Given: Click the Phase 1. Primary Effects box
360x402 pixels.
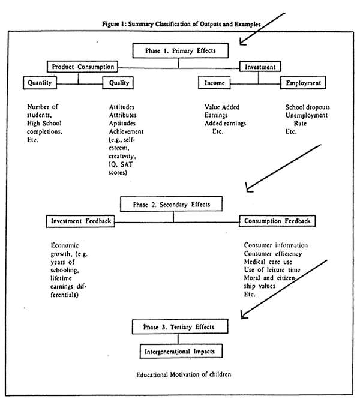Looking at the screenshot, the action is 180,50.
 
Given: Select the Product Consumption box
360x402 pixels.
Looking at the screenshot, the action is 83,67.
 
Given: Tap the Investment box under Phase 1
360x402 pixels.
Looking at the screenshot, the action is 260,67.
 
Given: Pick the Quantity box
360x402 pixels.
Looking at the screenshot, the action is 40,83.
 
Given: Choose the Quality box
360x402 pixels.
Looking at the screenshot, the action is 118,83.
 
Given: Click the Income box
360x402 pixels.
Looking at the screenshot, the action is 214,83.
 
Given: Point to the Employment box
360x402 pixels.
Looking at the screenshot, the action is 303,83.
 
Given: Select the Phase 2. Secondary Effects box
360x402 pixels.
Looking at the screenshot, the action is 171,204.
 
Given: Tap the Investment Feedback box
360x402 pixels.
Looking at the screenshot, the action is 80,221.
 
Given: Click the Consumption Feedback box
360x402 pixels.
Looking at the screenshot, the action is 277,221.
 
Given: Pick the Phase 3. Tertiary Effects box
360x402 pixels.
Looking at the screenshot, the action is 180,326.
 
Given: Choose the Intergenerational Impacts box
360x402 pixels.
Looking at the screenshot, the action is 181,351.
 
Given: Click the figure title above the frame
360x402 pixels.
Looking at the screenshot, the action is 181,24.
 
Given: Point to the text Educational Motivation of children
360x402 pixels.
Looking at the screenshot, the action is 184,374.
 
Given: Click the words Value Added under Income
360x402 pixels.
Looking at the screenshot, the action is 222,107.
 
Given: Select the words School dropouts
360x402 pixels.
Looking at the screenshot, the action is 308,107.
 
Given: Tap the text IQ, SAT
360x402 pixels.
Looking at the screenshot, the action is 121,164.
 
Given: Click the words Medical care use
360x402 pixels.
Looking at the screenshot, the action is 268,262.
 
